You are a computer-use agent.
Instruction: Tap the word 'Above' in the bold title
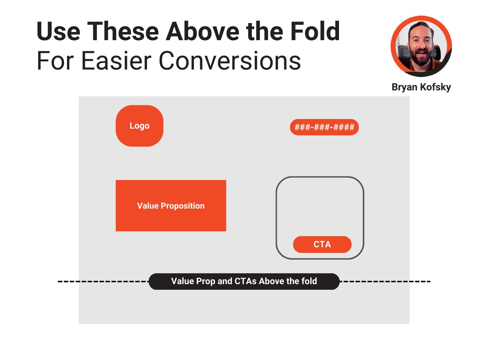[203, 31]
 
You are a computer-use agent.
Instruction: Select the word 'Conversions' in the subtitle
[230, 61]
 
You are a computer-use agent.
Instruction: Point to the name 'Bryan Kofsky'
[421, 87]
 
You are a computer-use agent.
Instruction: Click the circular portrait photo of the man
[421, 46]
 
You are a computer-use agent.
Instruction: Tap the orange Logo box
[139, 126]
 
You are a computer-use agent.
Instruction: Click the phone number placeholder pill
[324, 127]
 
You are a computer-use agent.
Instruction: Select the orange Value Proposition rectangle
[171, 205]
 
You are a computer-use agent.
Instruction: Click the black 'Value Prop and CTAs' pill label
[244, 281]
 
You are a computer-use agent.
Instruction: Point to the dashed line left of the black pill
[103, 281]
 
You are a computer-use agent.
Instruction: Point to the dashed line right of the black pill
[385, 281]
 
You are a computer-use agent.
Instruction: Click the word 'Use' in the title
[58, 31]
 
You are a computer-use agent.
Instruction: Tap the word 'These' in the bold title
[123, 31]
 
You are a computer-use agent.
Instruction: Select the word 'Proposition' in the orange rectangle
[183, 206]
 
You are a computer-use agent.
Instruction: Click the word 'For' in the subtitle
[55, 61]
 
